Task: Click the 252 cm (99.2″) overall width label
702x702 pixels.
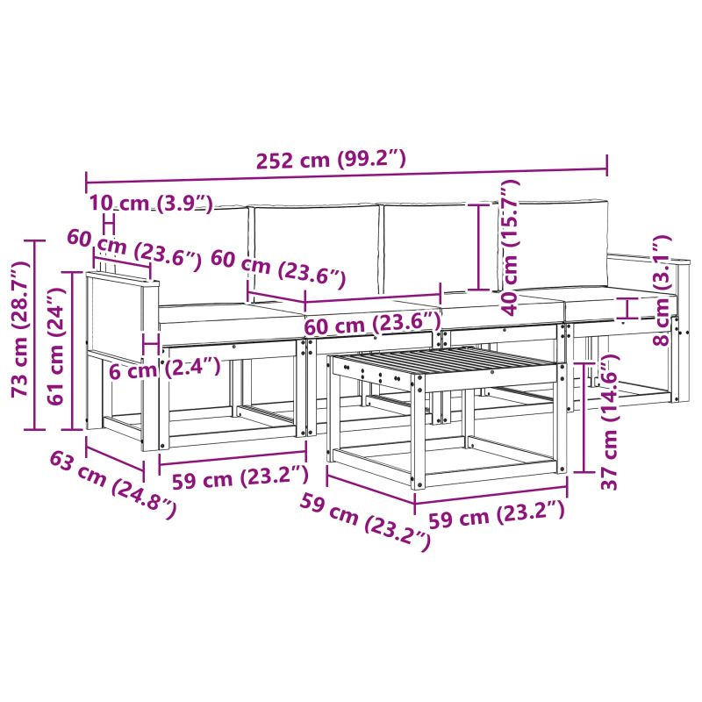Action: point(331,160)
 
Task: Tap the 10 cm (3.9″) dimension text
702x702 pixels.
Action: point(150,204)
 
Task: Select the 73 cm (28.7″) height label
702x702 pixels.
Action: point(19,330)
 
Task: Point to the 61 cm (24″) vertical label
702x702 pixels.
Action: point(56,347)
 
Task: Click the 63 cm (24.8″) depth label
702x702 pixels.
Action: point(112,485)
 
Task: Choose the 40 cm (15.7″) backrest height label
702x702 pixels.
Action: point(510,247)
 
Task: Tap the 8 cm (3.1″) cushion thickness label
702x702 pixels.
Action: point(662,290)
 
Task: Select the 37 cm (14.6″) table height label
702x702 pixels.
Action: point(609,422)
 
